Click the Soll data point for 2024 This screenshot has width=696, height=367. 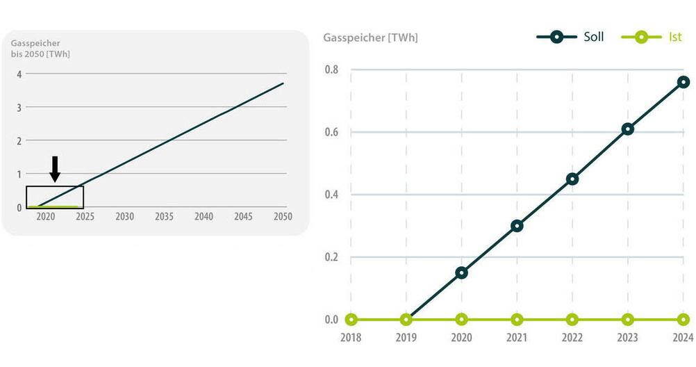pyautogui.click(x=683, y=82)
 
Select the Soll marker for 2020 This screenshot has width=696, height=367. pyautogui.click(x=461, y=272)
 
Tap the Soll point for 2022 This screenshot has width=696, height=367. pyautogui.click(x=572, y=179)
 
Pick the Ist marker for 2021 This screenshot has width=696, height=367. pyautogui.click(x=517, y=320)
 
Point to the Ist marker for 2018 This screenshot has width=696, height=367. pyautogui.click(x=351, y=320)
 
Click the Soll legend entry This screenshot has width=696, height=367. pyautogui.click(x=570, y=37)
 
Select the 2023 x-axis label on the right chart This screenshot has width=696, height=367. pyautogui.click(x=628, y=339)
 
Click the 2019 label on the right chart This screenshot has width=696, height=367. pyautogui.click(x=406, y=339)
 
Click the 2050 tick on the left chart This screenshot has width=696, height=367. pyautogui.click(x=283, y=217)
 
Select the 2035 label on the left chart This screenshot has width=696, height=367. pyautogui.click(x=164, y=217)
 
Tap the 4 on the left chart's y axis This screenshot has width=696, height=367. pyautogui.click(x=19, y=74)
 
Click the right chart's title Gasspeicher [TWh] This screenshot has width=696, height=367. pyautogui.click(x=370, y=37)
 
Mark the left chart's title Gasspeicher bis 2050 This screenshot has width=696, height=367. pyautogui.click(x=40, y=48)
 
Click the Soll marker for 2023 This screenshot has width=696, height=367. pyautogui.click(x=628, y=129)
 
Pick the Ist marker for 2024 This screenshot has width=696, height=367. pyautogui.click(x=683, y=320)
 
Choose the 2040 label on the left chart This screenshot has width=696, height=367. pyautogui.click(x=204, y=217)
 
